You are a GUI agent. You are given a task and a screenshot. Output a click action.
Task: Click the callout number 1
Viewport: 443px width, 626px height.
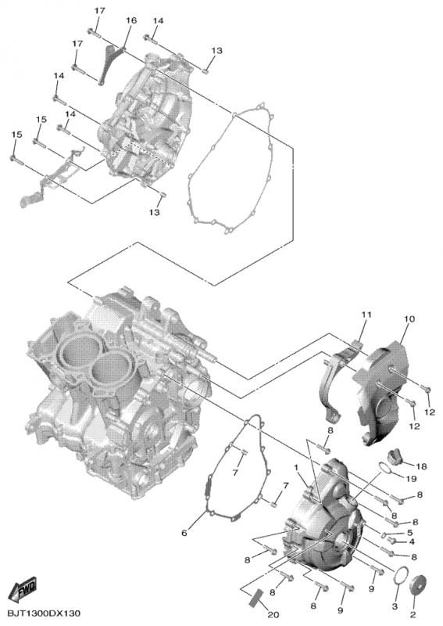pos(298,467)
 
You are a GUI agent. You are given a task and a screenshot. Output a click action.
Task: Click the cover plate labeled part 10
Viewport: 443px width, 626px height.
pos(383,383)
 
